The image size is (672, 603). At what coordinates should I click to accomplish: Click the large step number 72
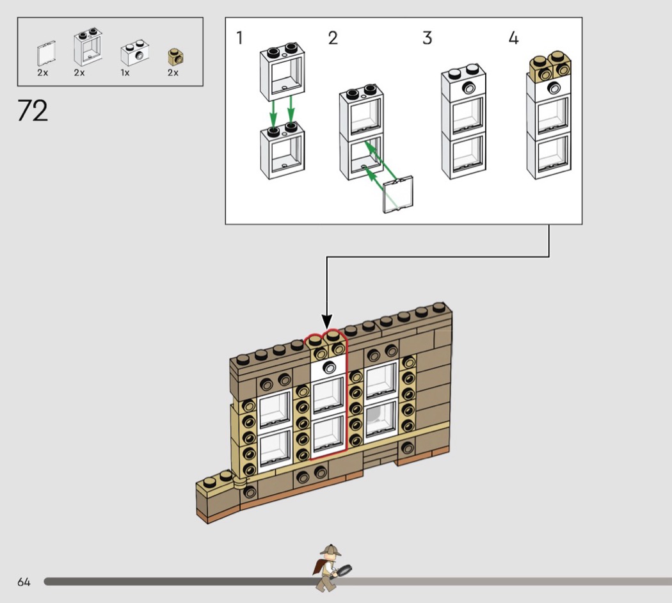pyautogui.click(x=33, y=111)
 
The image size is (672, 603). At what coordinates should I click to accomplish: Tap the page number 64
pyautogui.click(x=24, y=582)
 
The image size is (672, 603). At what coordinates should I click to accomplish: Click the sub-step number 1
pyautogui.click(x=239, y=38)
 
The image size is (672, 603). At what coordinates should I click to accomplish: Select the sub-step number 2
pyautogui.click(x=333, y=38)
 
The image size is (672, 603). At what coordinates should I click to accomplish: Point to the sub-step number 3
pyautogui.click(x=427, y=38)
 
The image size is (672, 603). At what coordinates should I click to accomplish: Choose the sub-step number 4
pyautogui.click(x=513, y=38)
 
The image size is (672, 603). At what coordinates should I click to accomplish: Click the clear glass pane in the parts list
pyautogui.click(x=46, y=54)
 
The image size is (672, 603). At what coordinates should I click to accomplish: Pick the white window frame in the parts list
pyautogui.click(x=88, y=47)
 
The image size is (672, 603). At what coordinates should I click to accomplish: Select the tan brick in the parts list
pyautogui.click(x=175, y=57)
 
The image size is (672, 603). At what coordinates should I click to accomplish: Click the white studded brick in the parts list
pyautogui.click(x=134, y=53)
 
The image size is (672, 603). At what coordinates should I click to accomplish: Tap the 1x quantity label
pyautogui.click(x=125, y=73)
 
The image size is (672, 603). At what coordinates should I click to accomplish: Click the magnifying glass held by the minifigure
pyautogui.click(x=343, y=571)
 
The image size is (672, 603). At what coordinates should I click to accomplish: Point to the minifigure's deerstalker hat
pyautogui.click(x=330, y=551)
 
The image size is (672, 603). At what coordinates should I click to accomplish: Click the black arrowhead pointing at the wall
pyautogui.click(x=327, y=321)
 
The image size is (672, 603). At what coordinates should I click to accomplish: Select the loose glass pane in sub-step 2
pyautogui.click(x=397, y=194)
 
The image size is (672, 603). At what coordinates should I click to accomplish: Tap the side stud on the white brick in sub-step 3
pyautogui.click(x=469, y=88)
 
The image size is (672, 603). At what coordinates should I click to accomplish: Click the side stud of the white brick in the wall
pyautogui.click(x=329, y=367)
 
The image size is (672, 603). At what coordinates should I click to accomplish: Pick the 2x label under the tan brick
pyautogui.click(x=173, y=73)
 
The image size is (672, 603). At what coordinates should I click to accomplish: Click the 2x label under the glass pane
pyautogui.click(x=43, y=73)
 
